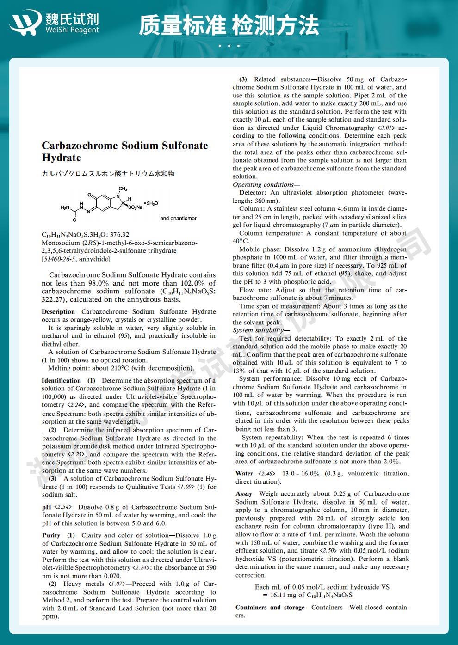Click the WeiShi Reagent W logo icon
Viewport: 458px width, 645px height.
pos(25,22)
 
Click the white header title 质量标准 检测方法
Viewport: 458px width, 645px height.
pos(229,25)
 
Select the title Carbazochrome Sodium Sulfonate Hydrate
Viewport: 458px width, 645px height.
pos(125,152)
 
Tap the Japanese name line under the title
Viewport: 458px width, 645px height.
pos(108,174)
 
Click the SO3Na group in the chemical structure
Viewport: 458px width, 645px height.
pos(135,207)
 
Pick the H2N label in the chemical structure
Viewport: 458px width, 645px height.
pos(65,208)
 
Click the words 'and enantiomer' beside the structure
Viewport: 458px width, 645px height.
pos(178,218)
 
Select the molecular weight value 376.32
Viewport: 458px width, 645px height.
pos(119,235)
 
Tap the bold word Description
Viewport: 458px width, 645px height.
pos(58,312)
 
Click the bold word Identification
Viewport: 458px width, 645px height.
pos(61,381)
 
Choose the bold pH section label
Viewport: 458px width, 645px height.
pos(46,507)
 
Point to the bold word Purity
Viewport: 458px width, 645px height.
pos(51,535)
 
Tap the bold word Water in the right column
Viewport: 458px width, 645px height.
pos(244,474)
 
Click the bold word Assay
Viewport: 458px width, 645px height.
pos(244,494)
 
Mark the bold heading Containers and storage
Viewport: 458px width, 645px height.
pos(270,608)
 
